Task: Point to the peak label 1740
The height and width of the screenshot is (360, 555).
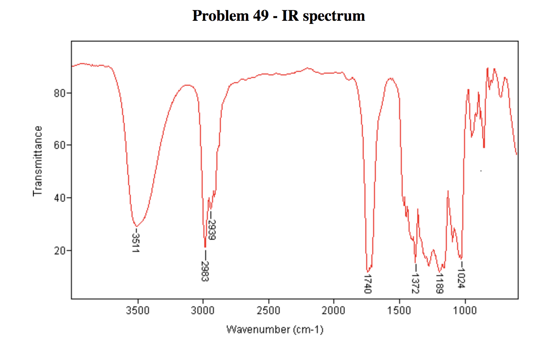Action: click(x=368, y=284)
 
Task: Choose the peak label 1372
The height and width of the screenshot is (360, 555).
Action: click(x=415, y=283)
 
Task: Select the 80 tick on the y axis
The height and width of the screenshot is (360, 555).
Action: click(x=60, y=93)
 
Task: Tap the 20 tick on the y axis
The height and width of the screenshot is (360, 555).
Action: click(x=60, y=251)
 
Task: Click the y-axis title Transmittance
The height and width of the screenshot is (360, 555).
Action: click(x=38, y=161)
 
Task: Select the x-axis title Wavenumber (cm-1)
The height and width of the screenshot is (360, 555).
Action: click(x=275, y=330)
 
